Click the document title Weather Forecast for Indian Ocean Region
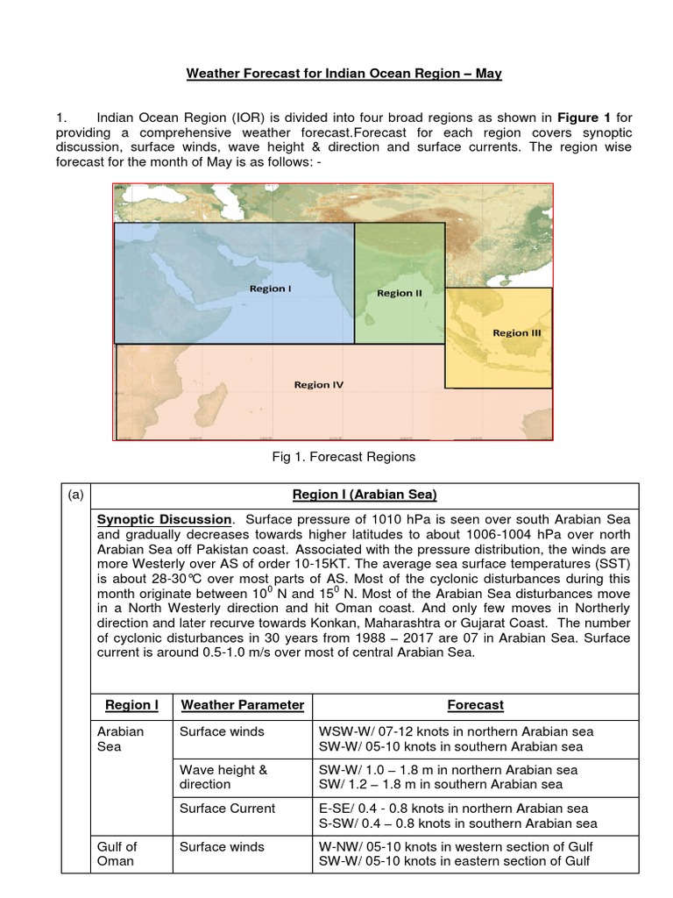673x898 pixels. tap(344, 74)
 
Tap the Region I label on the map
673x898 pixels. tap(270, 289)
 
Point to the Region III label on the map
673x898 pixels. tap(510, 333)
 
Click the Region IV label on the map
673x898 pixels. tap(318, 384)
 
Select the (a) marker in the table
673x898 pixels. tap(74, 495)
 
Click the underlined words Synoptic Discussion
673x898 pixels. tap(165, 519)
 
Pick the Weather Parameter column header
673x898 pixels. tap(242, 705)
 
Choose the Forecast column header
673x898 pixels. tap(475, 705)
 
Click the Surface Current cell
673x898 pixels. tap(227, 809)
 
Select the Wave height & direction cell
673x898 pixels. tap(223, 776)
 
